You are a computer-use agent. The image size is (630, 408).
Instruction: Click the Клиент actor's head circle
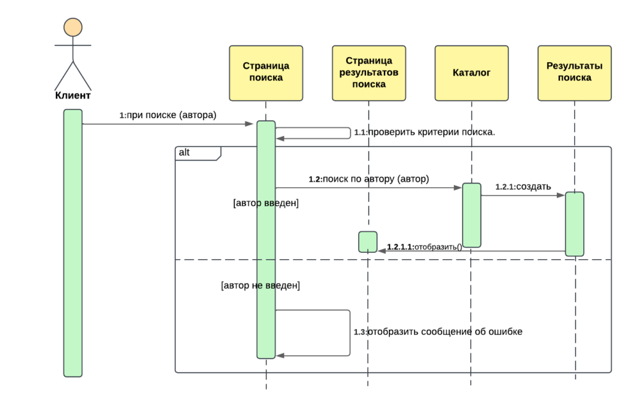[x=73, y=27]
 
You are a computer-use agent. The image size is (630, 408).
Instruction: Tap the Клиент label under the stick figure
[x=73, y=95]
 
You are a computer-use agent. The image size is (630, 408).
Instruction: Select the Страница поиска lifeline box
[x=266, y=73]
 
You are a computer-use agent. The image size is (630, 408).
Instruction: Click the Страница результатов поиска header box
[x=369, y=73]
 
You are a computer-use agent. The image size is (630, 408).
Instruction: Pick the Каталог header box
[x=472, y=73]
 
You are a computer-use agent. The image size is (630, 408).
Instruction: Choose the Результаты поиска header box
[x=575, y=73]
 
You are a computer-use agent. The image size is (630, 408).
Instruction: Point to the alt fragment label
[x=184, y=153]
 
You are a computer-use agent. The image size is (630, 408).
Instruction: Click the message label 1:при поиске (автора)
[x=168, y=115]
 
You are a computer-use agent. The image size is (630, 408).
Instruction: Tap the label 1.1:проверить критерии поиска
[x=425, y=132]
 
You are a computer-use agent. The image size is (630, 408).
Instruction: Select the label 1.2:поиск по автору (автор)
[x=369, y=179]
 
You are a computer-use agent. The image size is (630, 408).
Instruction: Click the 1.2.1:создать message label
[x=523, y=186]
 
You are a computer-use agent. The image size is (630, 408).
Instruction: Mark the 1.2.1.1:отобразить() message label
[x=425, y=247]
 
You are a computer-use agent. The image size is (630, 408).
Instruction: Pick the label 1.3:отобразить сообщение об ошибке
[x=438, y=332]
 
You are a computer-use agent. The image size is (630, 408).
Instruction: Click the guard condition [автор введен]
[x=266, y=203]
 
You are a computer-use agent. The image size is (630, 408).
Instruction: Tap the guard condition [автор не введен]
[x=260, y=286]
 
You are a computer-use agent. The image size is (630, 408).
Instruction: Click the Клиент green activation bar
[x=73, y=243]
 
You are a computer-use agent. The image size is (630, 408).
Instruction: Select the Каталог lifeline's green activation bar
[x=472, y=215]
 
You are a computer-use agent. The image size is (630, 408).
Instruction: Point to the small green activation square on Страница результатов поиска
[x=368, y=242]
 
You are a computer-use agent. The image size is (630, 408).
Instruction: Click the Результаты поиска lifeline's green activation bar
[x=575, y=224]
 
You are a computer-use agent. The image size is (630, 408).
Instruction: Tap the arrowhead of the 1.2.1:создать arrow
[x=561, y=195]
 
